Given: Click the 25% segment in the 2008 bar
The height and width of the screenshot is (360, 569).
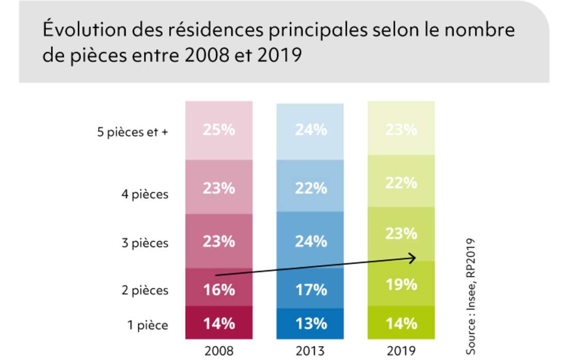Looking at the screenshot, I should (x=219, y=130).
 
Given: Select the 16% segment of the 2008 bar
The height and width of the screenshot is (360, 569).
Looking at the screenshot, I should (x=219, y=289).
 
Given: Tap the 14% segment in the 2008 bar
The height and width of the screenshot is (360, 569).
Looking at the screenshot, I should (x=219, y=323).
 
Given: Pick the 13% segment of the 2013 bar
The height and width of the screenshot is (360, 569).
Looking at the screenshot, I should (x=310, y=323).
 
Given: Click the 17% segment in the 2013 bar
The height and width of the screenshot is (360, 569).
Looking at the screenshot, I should (x=310, y=289).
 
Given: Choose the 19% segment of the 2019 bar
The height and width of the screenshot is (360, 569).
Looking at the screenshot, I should (x=401, y=284).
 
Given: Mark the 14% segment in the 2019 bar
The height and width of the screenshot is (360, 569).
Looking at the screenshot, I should (x=401, y=323).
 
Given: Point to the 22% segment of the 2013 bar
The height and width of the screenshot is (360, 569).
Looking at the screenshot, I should (x=310, y=189).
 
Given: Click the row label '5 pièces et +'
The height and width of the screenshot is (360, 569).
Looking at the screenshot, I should (x=133, y=132).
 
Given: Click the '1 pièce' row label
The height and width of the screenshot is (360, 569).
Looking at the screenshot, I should (x=149, y=325).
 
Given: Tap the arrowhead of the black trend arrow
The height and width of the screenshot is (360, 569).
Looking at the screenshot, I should (x=413, y=258).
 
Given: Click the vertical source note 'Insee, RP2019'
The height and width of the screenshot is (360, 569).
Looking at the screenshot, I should (x=471, y=296).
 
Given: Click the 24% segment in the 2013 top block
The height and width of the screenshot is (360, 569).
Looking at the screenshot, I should (x=310, y=130).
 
